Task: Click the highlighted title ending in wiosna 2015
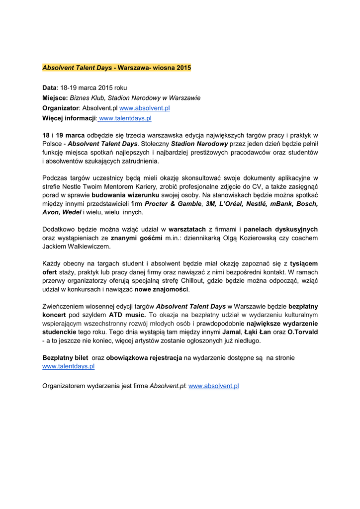click(116, 67)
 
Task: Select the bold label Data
click(50, 87)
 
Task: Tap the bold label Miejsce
click(55, 98)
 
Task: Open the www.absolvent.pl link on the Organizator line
click(145, 108)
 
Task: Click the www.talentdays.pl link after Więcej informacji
click(125, 118)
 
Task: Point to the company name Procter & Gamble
click(173, 204)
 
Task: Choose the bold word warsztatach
click(187, 229)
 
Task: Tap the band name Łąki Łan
click(261, 332)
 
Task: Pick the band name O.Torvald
click(303, 332)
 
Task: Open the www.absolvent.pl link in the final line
click(214, 386)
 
